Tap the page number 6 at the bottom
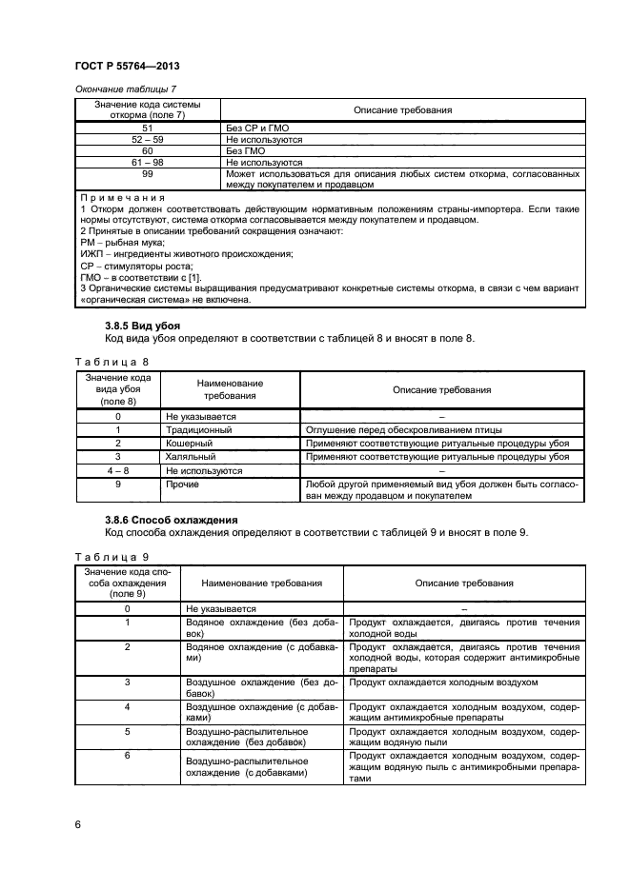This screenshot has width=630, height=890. (79, 824)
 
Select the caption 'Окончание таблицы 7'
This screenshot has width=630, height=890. (125, 89)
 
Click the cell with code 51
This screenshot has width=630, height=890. (148, 127)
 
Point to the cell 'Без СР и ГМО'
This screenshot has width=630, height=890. (257, 127)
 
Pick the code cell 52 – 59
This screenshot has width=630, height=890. (148, 139)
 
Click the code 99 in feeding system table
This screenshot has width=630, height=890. (148, 174)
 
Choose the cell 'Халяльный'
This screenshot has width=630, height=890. (192, 457)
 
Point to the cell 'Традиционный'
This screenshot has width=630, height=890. (198, 430)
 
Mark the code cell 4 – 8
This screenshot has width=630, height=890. (118, 470)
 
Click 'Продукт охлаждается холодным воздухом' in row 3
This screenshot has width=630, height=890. (443, 682)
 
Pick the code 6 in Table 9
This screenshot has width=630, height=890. (128, 755)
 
